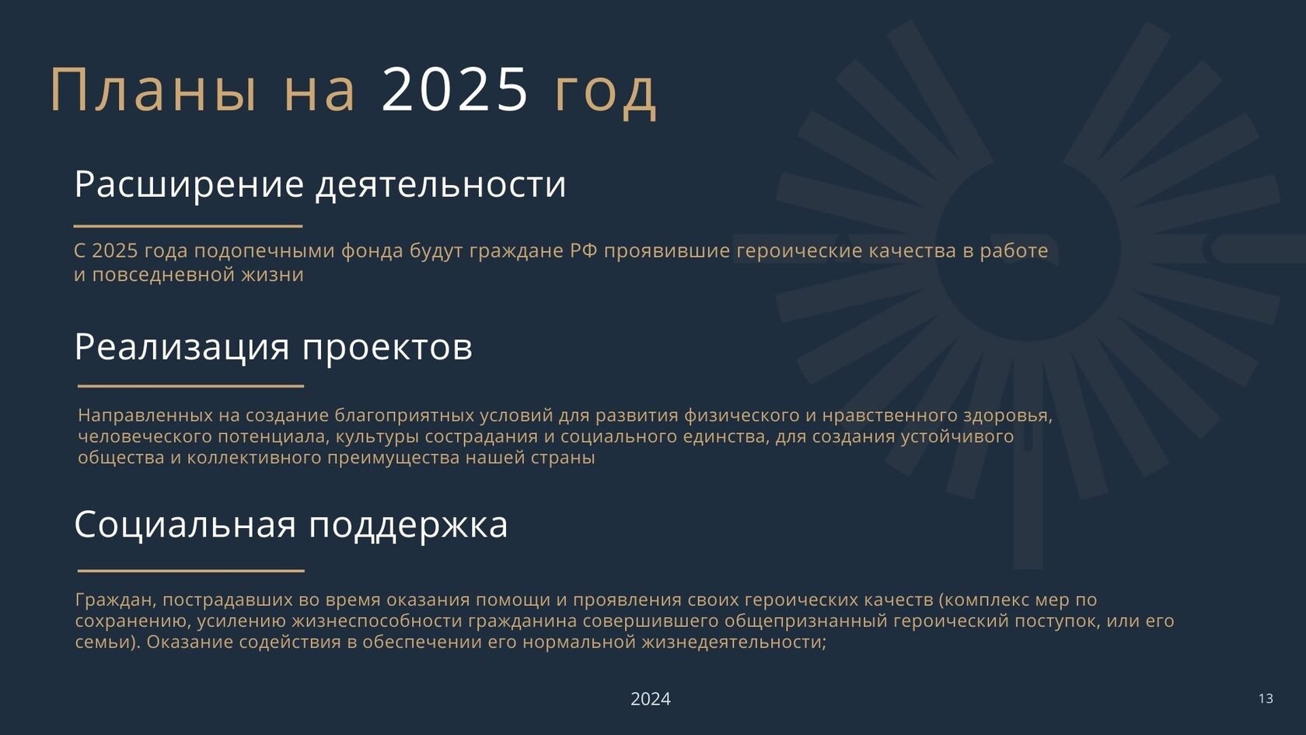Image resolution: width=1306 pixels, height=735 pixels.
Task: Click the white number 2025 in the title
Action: [x=454, y=89]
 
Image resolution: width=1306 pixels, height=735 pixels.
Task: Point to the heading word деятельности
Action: [x=441, y=185]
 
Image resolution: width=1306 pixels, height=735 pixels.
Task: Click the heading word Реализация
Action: [x=182, y=348]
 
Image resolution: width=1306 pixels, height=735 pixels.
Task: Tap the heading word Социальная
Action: [x=185, y=524]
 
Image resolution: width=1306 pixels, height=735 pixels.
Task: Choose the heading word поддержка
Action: [x=408, y=526]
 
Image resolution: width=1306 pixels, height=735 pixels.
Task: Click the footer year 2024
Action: [x=651, y=698]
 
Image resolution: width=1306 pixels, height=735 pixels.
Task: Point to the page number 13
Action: [x=1266, y=698]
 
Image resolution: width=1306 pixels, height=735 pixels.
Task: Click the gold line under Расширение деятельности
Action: [x=188, y=226]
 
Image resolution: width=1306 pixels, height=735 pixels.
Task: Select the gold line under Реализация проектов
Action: [x=190, y=386]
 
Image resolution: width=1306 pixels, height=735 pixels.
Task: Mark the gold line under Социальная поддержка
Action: [x=191, y=571]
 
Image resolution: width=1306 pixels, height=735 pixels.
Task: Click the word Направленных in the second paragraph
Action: [x=145, y=415]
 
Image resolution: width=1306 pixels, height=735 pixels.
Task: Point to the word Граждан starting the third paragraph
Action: [x=115, y=600]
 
